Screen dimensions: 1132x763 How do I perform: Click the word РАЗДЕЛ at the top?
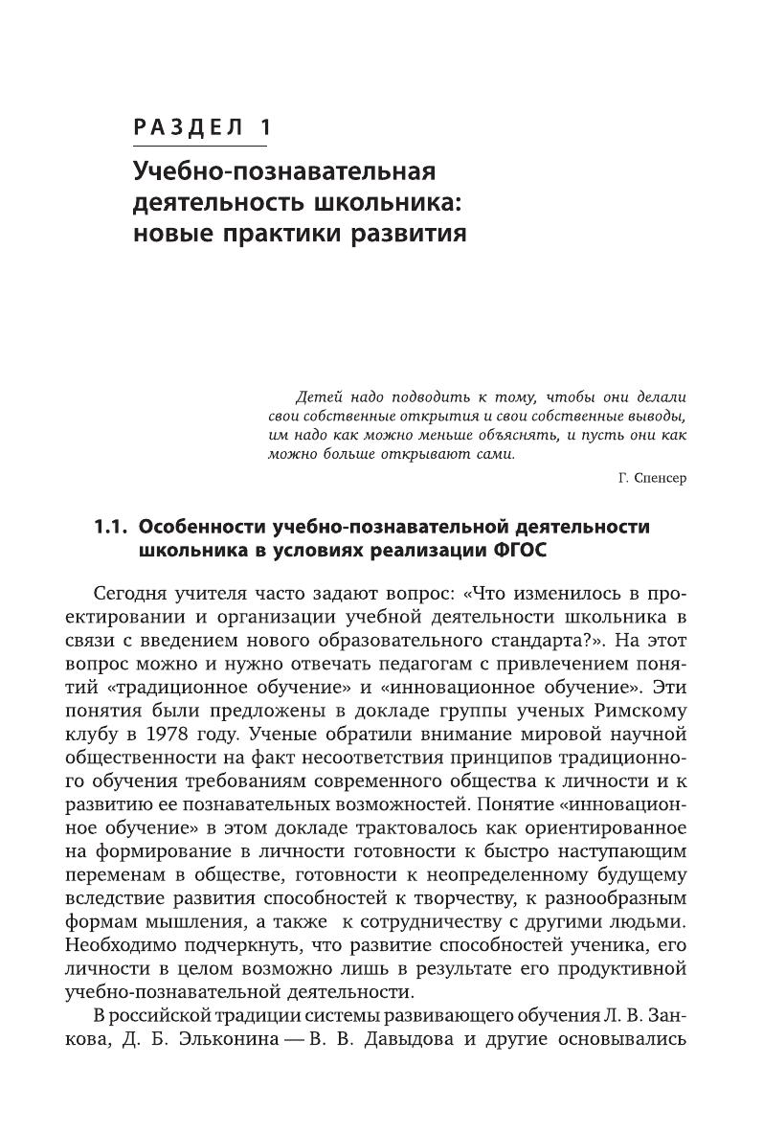(x=185, y=127)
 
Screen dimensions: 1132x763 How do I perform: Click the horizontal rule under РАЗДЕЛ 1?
(x=200, y=146)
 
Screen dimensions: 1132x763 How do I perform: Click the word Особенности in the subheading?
(x=202, y=527)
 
